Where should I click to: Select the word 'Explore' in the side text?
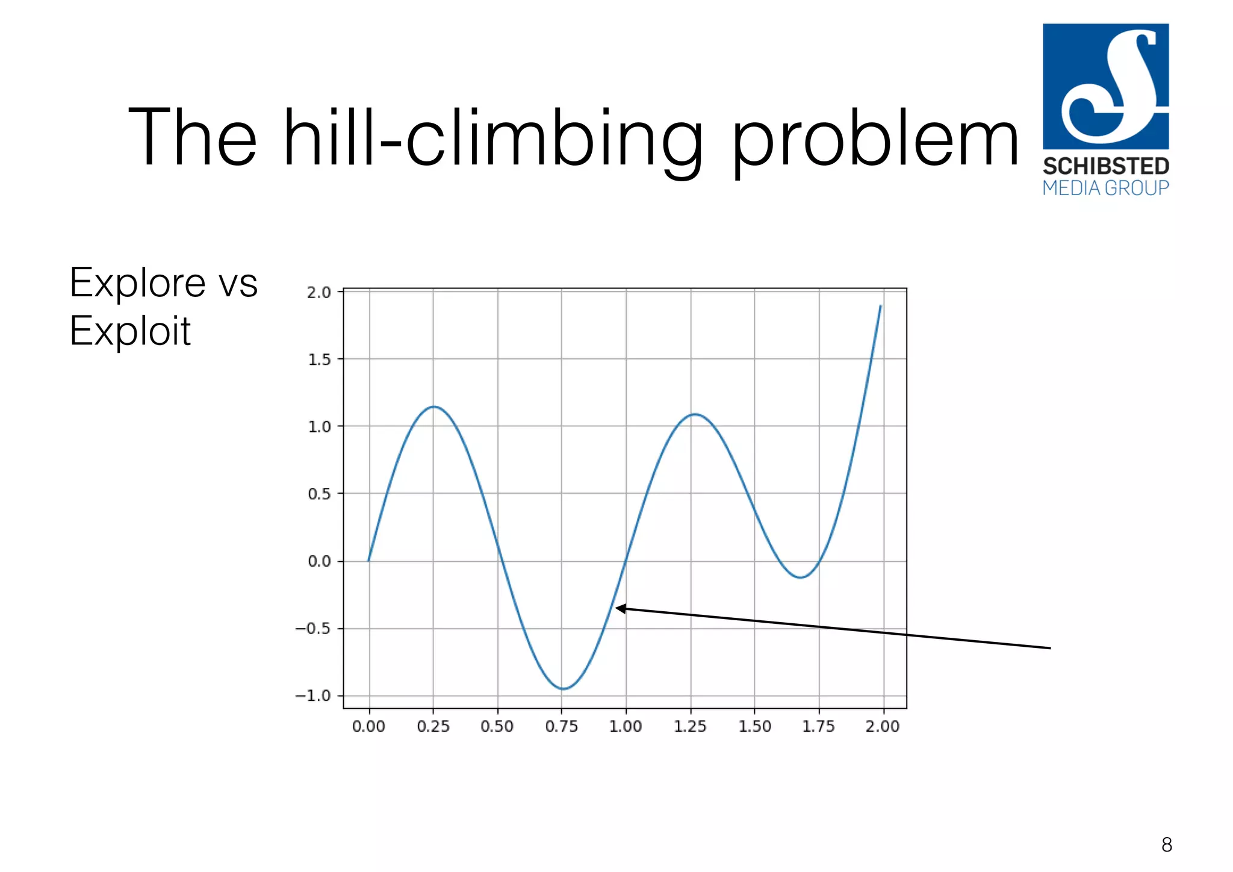pyautogui.click(x=138, y=282)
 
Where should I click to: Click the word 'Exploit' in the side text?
pyautogui.click(x=130, y=331)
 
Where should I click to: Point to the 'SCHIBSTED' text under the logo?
pyautogui.click(x=1106, y=166)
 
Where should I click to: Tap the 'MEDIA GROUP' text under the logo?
pyautogui.click(x=1106, y=188)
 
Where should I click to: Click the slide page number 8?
pyautogui.click(x=1166, y=845)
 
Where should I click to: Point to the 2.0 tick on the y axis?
pyautogui.click(x=320, y=293)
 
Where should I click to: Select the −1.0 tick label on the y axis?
pyautogui.click(x=314, y=696)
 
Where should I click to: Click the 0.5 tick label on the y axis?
pyautogui.click(x=320, y=494)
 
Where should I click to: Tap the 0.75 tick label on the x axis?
pyautogui.click(x=561, y=726)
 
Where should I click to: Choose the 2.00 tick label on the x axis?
pyautogui.click(x=883, y=726)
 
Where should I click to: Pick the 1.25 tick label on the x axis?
pyautogui.click(x=690, y=726)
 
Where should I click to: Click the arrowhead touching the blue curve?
pyautogui.click(x=620, y=608)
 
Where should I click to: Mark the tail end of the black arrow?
pyautogui.click(x=1049, y=648)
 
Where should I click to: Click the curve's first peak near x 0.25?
pyautogui.click(x=434, y=407)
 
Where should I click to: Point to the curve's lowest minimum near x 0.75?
pyautogui.click(x=562, y=688)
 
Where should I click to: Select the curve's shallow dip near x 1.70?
pyautogui.click(x=800, y=578)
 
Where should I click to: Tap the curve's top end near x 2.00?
pyautogui.click(x=880, y=307)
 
